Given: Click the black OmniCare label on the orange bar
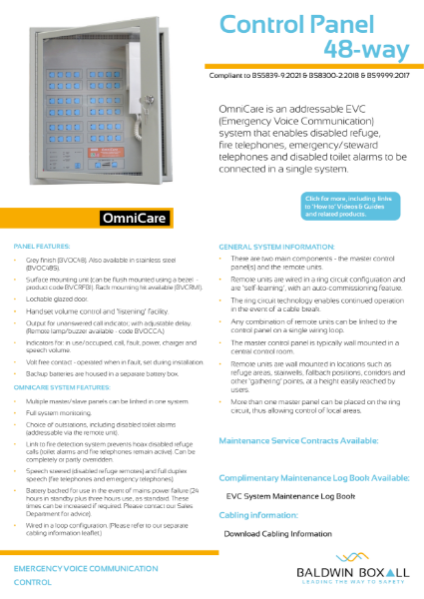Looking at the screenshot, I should (139, 218).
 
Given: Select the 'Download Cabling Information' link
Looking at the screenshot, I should (282, 533).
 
